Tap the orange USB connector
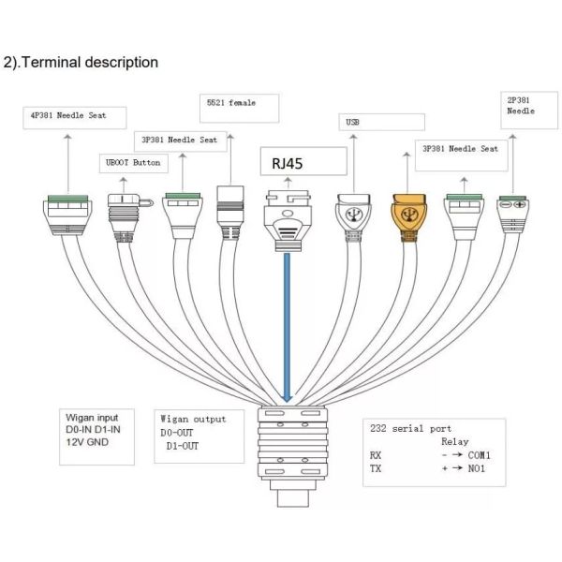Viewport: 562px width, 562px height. pyautogui.click(x=408, y=214)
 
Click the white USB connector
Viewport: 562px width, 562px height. pyautogui.click(x=355, y=213)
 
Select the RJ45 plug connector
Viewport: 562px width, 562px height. pyautogui.click(x=288, y=217)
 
